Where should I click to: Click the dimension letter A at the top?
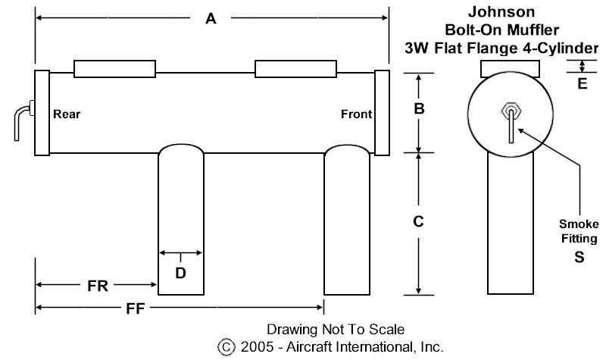211,20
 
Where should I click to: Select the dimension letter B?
417,109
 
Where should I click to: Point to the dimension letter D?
180,273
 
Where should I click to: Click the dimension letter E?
582,83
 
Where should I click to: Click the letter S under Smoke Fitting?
579,257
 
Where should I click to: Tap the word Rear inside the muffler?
67,114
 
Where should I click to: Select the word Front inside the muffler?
356,114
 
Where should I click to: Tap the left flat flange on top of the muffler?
111,69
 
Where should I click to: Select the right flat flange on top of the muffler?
295,69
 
